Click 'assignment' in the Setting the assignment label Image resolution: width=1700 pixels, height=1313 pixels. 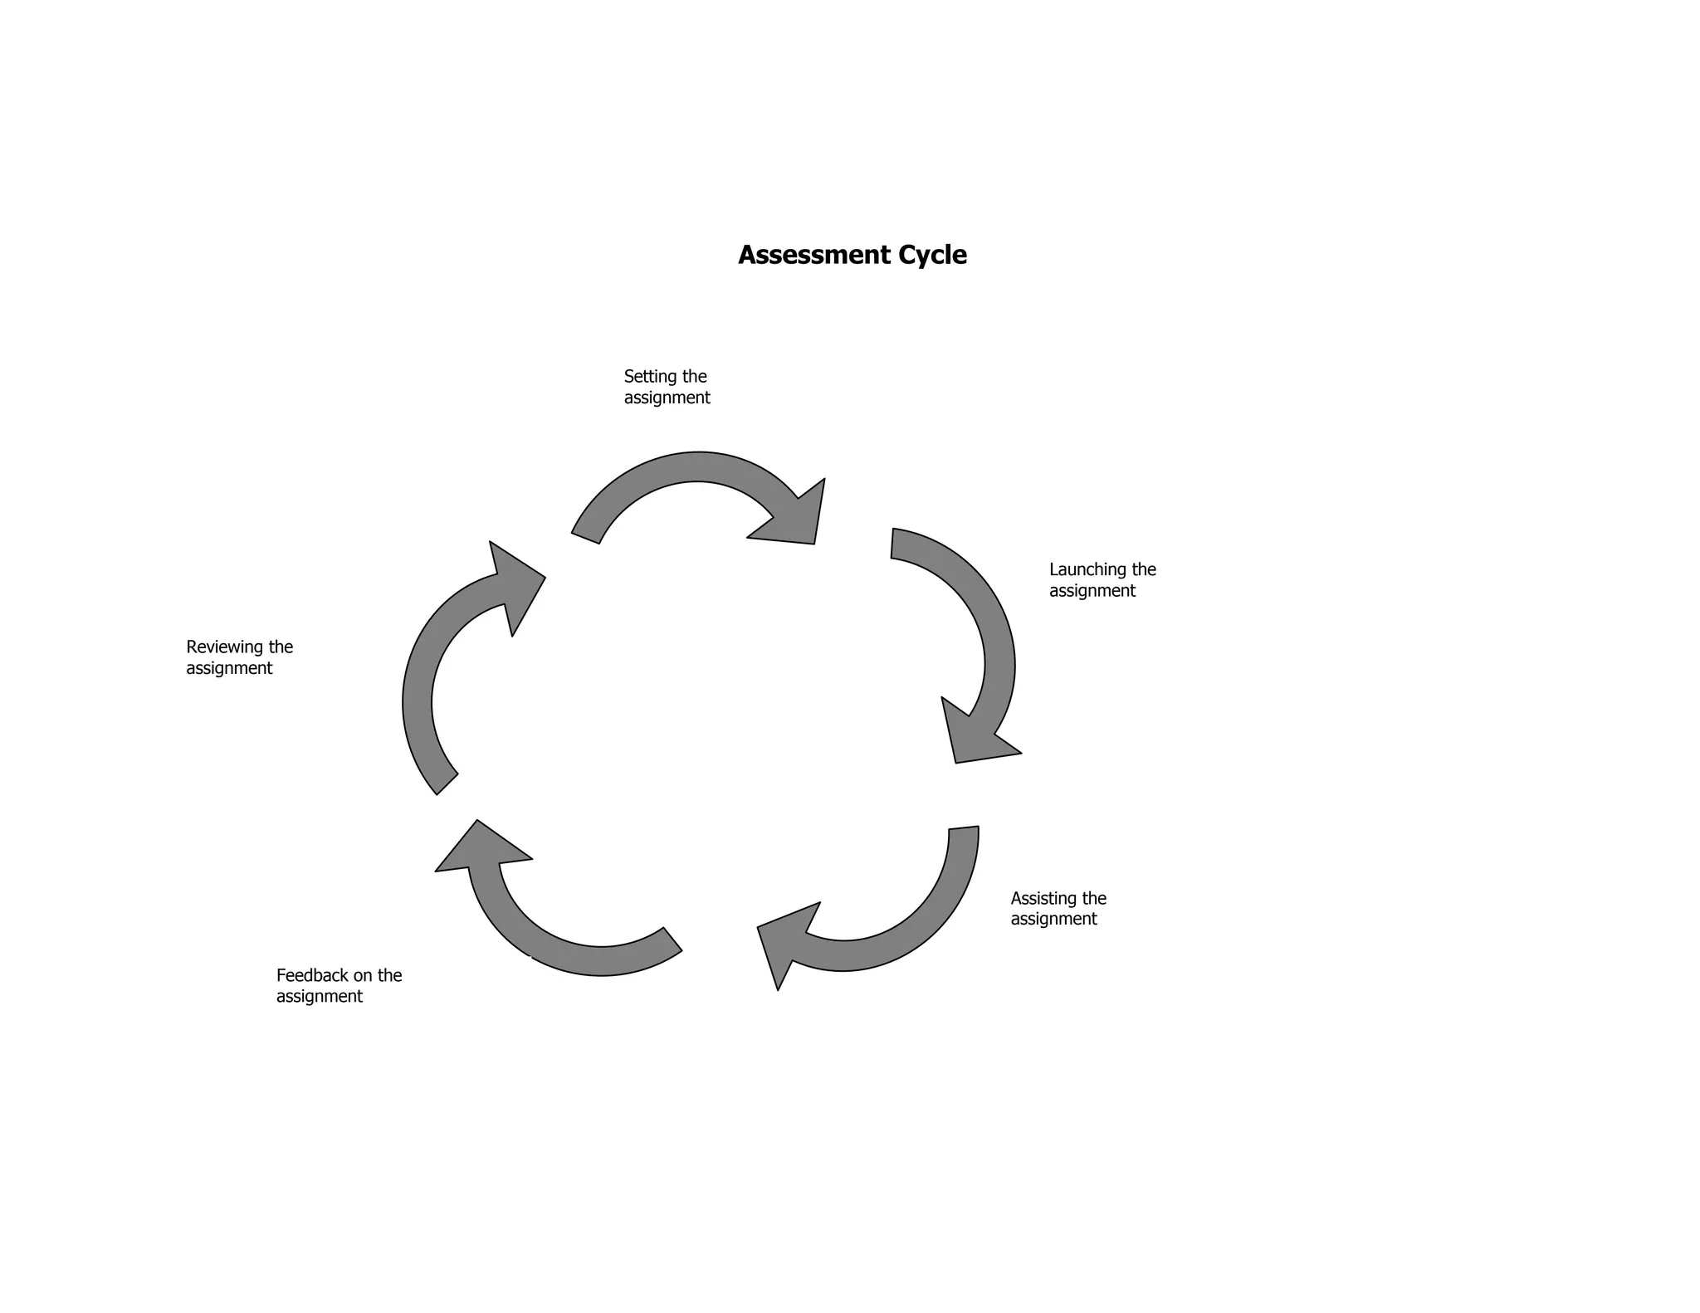pos(667,398)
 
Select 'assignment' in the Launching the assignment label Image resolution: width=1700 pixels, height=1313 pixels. pos(1092,591)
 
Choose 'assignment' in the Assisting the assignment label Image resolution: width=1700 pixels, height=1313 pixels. pos(1053,920)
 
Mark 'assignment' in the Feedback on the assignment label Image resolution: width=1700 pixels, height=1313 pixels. pos(319,997)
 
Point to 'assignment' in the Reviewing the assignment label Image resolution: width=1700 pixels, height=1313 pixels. pos(228,668)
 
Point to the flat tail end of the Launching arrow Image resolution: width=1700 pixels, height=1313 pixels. pos(893,544)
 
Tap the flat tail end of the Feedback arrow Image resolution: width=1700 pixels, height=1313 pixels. pos(672,940)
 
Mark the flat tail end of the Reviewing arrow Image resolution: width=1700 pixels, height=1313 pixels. pos(447,784)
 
